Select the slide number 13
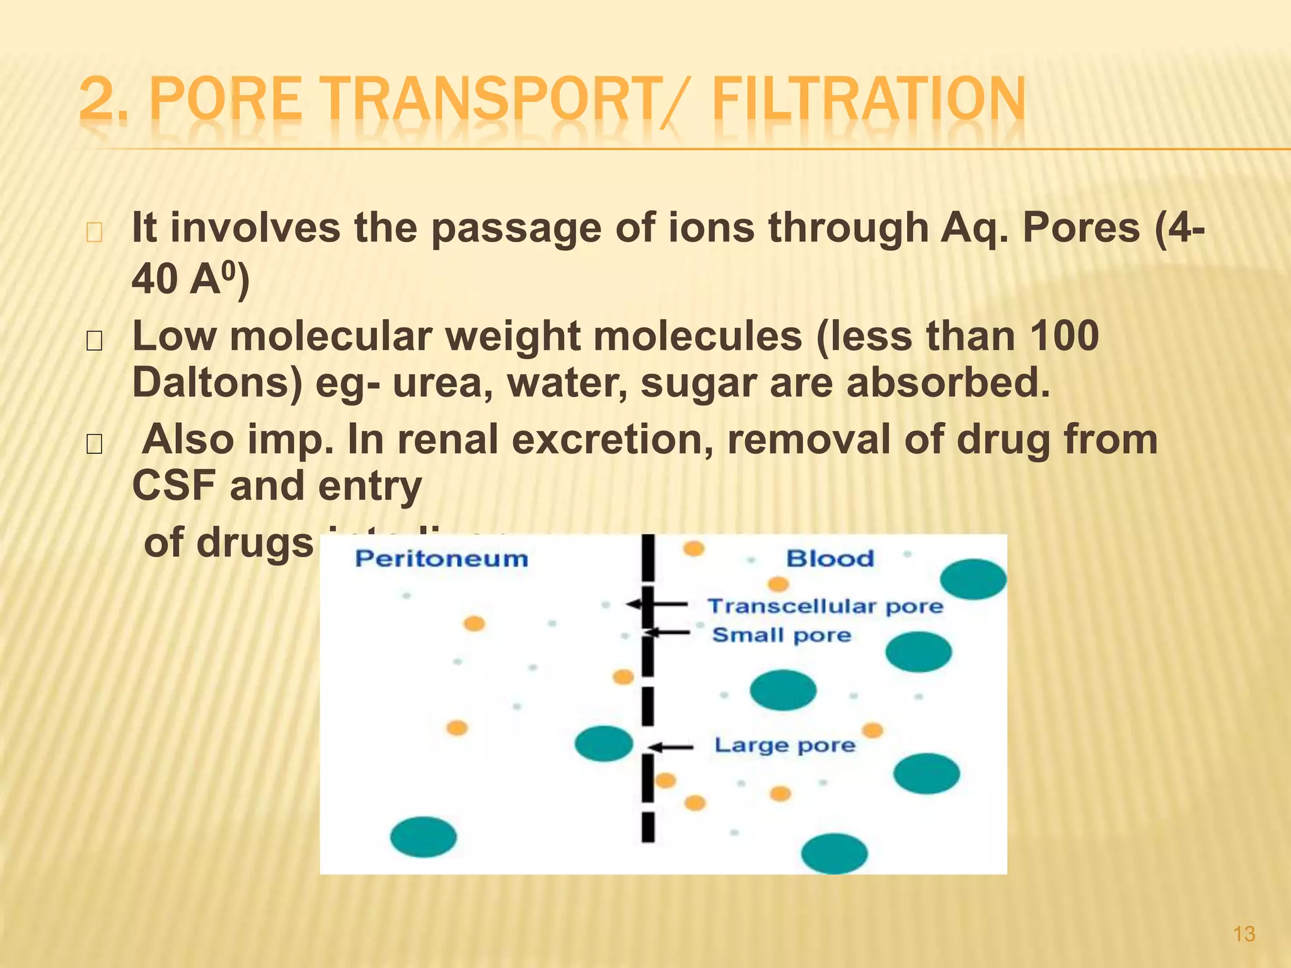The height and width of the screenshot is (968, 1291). pyautogui.click(x=1244, y=934)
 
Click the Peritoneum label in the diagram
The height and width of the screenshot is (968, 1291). pyautogui.click(x=441, y=559)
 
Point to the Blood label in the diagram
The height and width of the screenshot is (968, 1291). pyautogui.click(x=830, y=558)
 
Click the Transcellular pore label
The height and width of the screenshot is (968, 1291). pyautogui.click(x=825, y=606)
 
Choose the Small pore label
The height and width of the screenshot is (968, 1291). pyautogui.click(x=782, y=635)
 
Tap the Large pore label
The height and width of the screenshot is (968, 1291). pyautogui.click(x=785, y=746)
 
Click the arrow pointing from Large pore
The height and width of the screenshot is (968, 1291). pyautogui.click(x=671, y=747)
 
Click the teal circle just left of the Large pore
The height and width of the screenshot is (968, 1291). pyautogui.click(x=604, y=743)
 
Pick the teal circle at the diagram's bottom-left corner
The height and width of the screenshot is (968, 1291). pyautogui.click(x=423, y=837)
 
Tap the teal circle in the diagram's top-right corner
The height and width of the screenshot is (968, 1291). pyautogui.click(x=973, y=579)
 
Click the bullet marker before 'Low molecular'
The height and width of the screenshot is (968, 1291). pyautogui.click(x=94, y=341)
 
